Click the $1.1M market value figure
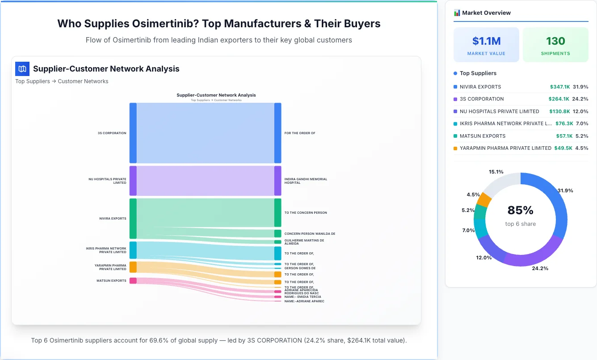[x=486, y=41]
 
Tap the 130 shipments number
[x=555, y=41]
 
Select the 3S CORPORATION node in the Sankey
[x=133, y=133]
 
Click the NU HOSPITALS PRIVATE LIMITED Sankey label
[x=107, y=181]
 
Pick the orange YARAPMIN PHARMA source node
[x=133, y=267]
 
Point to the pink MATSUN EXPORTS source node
[x=133, y=281]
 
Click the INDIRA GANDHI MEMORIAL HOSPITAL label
[x=306, y=181]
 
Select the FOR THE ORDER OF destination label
[x=299, y=133]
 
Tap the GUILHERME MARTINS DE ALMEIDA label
[x=304, y=242]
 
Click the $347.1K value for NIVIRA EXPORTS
[x=559, y=87]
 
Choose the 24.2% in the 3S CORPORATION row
[x=580, y=99]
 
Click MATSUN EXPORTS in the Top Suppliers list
[x=482, y=136]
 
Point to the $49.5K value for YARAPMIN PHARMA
[x=563, y=148]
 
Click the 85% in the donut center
[x=520, y=210]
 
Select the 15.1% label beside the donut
[x=496, y=172]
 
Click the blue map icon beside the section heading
[x=22, y=69]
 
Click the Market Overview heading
[x=486, y=13]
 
